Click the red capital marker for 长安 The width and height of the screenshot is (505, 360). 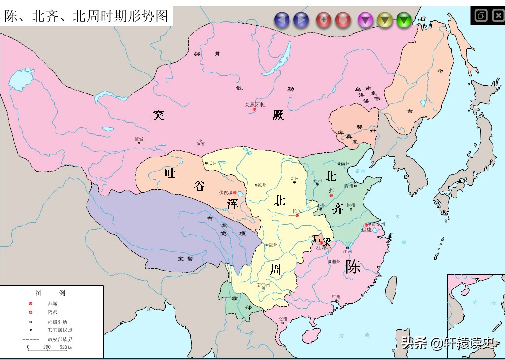297,216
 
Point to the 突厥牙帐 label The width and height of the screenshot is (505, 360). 254,104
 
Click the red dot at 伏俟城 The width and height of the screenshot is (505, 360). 235,193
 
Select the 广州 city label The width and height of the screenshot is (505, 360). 336,296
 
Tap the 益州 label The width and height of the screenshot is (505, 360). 273,245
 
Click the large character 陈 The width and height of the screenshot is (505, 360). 353,267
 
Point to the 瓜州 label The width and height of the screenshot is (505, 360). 212,163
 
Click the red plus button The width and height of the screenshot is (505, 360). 324,20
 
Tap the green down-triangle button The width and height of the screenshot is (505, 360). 404,20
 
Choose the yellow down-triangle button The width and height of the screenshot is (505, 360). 385,20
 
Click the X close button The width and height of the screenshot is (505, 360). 497,15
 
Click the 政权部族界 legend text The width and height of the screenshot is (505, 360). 60,339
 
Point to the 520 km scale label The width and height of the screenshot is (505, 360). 66,347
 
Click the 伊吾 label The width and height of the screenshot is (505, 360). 200,144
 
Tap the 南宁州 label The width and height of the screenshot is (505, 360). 263,285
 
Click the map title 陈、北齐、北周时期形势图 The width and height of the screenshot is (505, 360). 86,16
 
